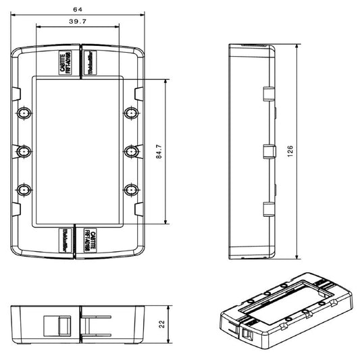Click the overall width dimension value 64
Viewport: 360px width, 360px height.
coord(79,9)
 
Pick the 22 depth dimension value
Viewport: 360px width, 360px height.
coord(161,323)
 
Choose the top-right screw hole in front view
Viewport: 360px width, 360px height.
coord(131,112)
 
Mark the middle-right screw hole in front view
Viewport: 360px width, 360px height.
coord(131,151)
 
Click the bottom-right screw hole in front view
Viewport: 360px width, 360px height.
coord(131,190)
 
